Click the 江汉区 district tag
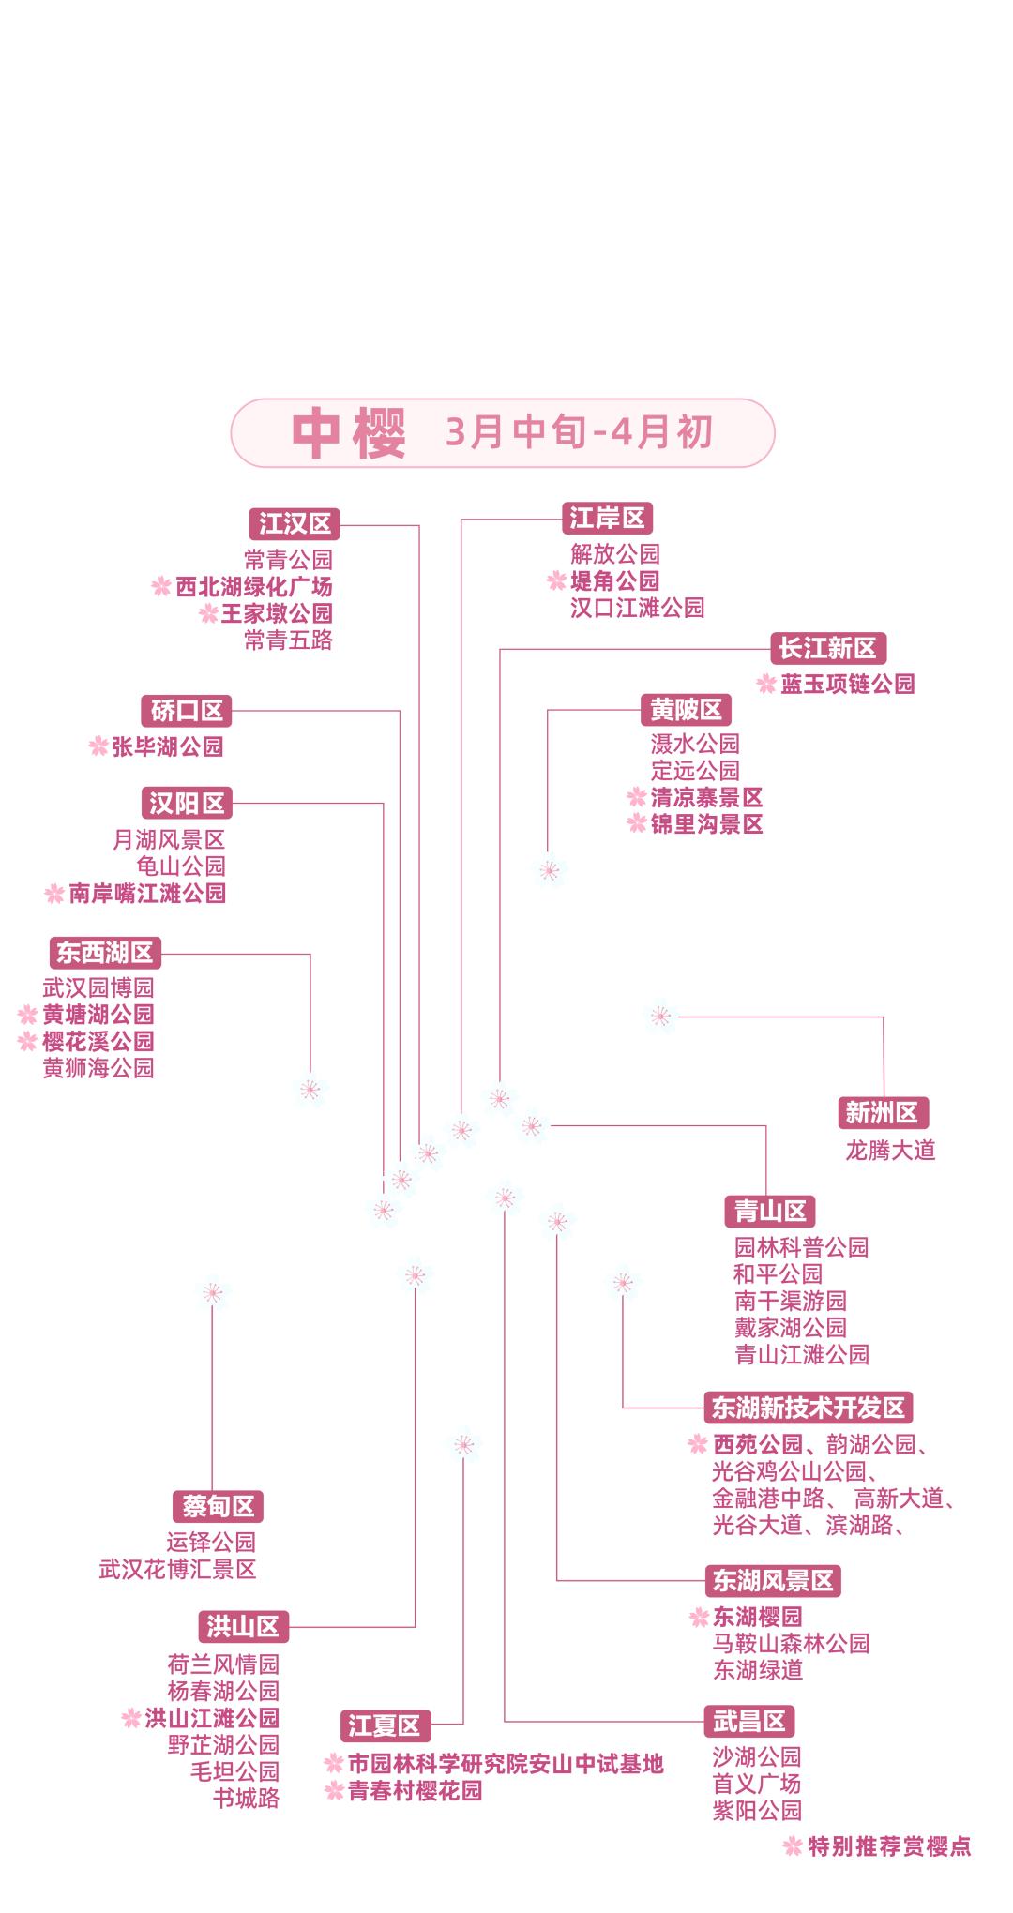295,523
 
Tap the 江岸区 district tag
607,519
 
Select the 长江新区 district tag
827,648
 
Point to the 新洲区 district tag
882,1113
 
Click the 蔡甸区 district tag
217,1507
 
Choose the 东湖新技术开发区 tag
808,1408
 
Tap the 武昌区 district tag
748,1722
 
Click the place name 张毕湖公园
168,747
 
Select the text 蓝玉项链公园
848,684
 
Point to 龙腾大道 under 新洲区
890,1150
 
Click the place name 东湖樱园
758,1617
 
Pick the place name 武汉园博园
98,987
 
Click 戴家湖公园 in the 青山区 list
791,1328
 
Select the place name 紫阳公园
758,1811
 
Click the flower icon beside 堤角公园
557,581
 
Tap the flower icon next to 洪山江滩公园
131,1719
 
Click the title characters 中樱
348,433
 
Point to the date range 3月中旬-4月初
579,432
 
